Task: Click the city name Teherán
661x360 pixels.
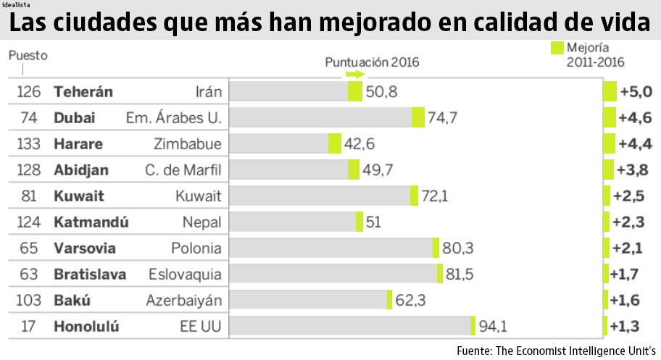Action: pyautogui.click(x=83, y=92)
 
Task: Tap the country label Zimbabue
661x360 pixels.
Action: pyautogui.click(x=187, y=143)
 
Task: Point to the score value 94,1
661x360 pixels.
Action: pyautogui.click(x=493, y=326)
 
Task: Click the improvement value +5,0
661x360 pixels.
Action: pyautogui.click(x=635, y=92)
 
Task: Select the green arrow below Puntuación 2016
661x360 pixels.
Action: pyautogui.click(x=354, y=75)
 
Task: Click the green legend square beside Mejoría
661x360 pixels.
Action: pyautogui.click(x=557, y=48)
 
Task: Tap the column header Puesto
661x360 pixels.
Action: pyautogui.click(x=28, y=55)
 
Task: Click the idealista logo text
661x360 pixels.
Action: pyautogui.click(x=17, y=4)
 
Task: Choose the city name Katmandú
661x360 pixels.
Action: pyautogui.click(x=91, y=222)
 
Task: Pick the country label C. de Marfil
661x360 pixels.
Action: pyautogui.click(x=183, y=170)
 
